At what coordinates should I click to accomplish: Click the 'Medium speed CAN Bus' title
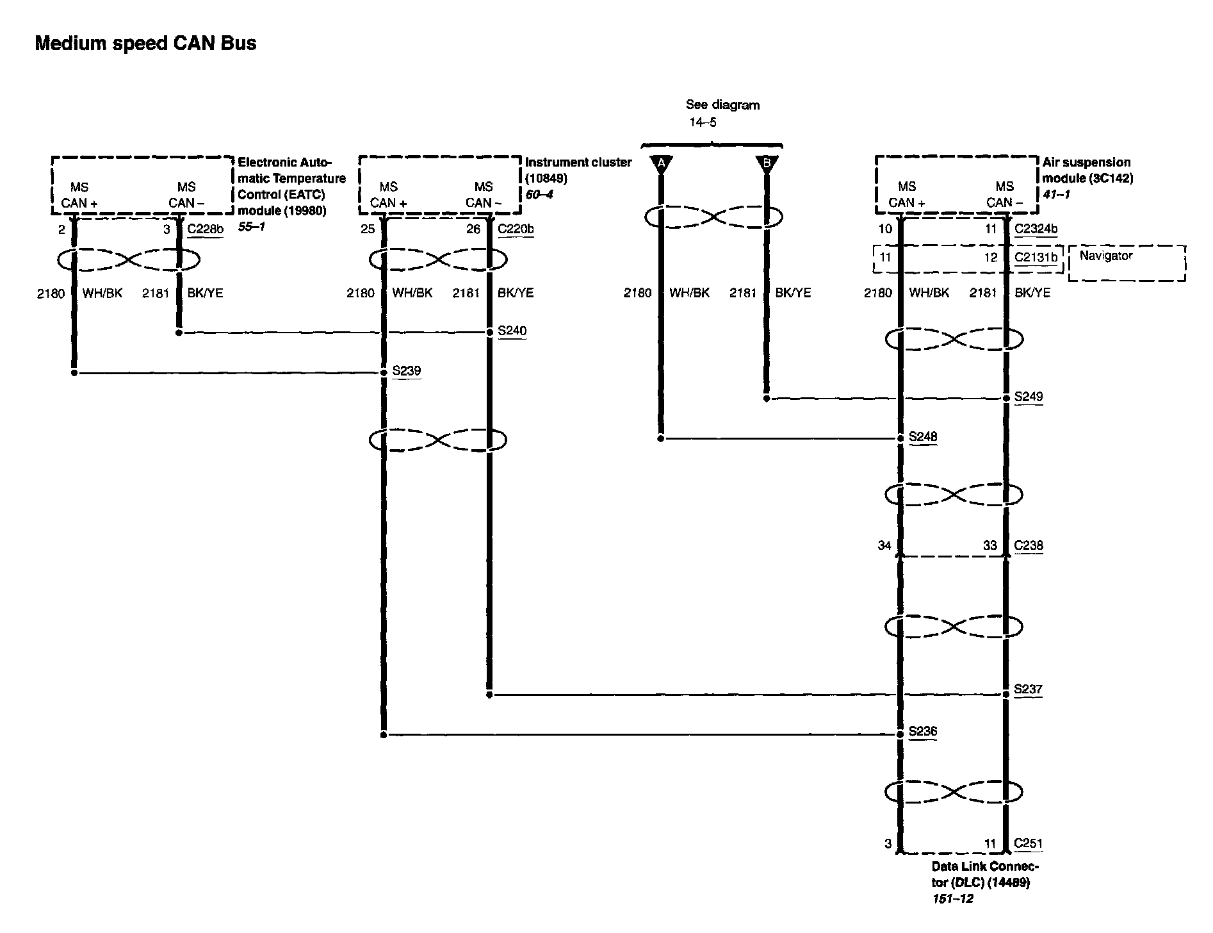point(145,44)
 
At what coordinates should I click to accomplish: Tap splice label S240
point(512,331)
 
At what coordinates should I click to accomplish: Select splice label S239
point(406,370)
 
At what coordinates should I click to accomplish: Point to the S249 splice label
point(1028,397)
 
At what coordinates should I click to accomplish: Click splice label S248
point(923,436)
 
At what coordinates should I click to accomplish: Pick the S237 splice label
point(1028,689)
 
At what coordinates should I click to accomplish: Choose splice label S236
point(923,731)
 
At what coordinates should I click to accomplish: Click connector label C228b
point(205,229)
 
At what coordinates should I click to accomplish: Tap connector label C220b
point(516,229)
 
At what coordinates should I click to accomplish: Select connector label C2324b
point(1036,229)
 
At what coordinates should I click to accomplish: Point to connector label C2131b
point(1036,258)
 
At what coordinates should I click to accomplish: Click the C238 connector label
point(1029,545)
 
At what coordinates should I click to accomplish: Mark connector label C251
point(1028,843)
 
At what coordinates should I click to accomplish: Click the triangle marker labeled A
point(661,165)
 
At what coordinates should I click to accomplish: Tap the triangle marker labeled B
point(767,165)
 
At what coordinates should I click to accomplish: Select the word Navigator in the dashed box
point(1105,256)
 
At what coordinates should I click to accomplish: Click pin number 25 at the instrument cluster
point(368,229)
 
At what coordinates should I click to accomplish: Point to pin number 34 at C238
point(884,545)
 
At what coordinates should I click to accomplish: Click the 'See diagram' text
point(722,104)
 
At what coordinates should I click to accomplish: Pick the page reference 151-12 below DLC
point(952,898)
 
